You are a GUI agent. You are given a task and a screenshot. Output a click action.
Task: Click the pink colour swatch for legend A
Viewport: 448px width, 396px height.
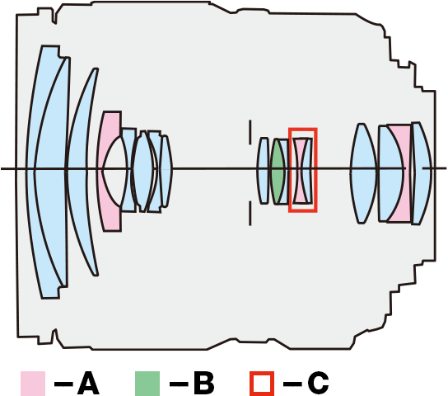coord(33,384)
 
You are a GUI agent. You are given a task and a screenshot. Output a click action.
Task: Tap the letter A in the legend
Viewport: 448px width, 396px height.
coord(88,384)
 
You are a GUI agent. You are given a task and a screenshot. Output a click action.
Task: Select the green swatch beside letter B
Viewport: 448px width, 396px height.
coord(147,384)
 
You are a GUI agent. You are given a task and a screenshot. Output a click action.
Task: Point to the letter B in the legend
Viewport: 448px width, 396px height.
coord(204,384)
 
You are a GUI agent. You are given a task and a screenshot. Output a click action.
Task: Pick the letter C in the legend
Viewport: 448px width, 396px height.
coord(318,384)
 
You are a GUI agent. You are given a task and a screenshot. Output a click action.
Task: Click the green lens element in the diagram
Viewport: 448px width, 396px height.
coord(278,171)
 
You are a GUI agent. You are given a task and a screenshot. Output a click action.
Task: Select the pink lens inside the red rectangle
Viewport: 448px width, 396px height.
coord(300,171)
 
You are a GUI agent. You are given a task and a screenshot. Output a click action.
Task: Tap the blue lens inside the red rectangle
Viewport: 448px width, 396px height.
coord(308,171)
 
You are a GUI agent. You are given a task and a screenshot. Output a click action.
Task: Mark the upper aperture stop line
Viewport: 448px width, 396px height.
coord(250,132)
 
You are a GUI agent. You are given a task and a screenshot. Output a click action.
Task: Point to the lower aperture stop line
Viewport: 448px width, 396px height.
coord(250,213)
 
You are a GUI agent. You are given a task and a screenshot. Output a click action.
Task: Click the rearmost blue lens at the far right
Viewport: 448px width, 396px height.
coord(422,173)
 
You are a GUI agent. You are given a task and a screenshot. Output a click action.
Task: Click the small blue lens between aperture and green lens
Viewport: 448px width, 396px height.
coord(264,171)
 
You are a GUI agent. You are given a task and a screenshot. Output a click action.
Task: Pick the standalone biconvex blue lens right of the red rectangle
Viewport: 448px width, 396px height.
coord(363,173)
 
